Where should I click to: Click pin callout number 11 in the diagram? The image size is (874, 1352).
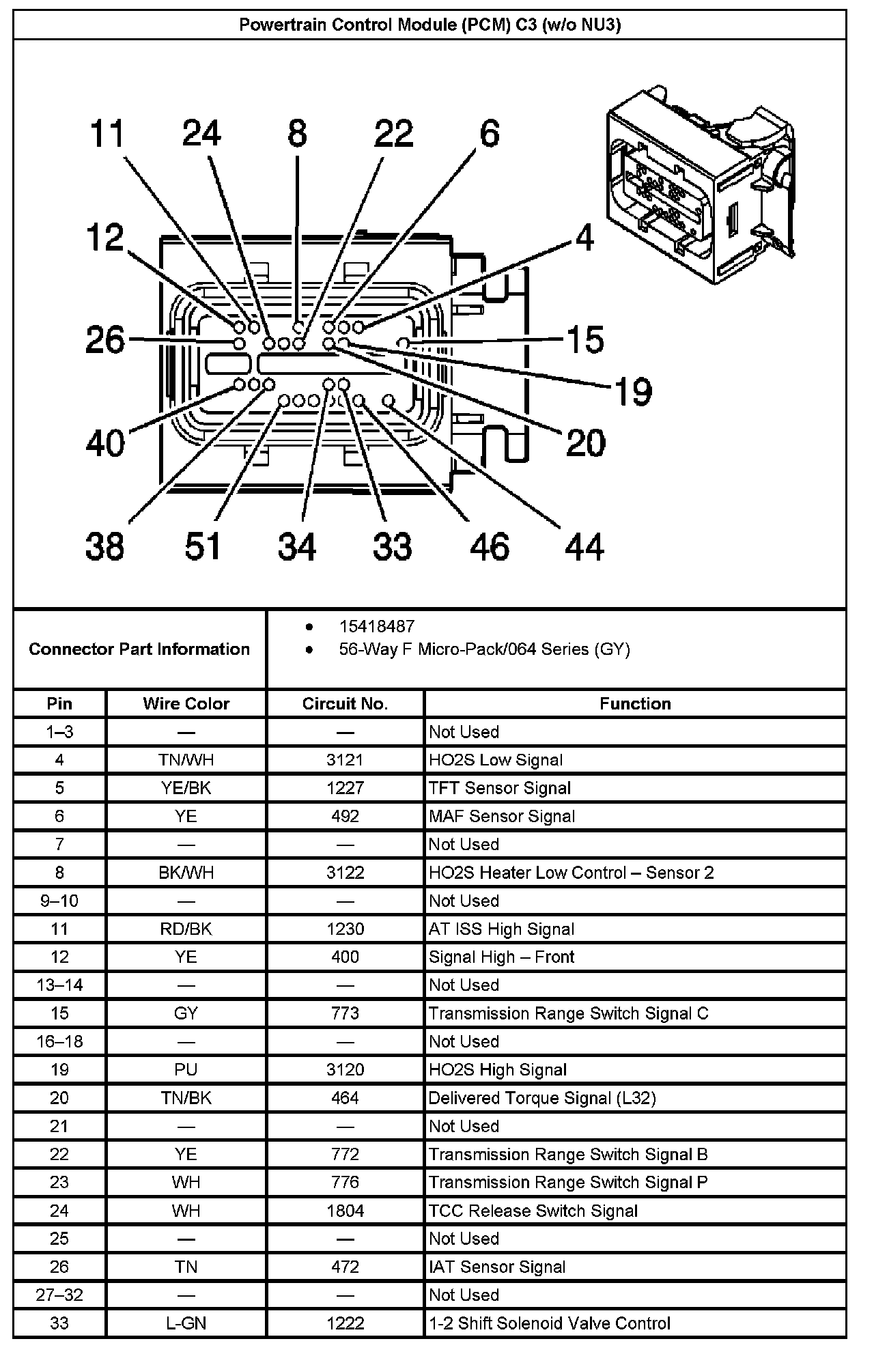point(107,134)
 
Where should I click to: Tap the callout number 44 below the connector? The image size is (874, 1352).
point(584,547)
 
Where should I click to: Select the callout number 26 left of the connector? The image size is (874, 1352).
point(105,339)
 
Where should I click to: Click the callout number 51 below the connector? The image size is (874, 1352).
point(203,547)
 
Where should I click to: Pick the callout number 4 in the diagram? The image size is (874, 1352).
point(584,238)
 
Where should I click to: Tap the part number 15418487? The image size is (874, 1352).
point(376,626)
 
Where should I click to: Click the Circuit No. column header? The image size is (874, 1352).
point(345,704)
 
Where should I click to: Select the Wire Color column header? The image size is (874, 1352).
point(186,704)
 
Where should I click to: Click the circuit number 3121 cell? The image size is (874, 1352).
point(345,760)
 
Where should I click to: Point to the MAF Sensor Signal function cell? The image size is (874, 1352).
point(502,816)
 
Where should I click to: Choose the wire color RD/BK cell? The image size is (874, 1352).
point(186,929)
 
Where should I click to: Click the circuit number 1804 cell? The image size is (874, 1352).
point(345,1211)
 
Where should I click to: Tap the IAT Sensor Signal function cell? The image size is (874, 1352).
point(497,1267)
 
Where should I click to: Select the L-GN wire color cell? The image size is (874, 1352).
point(186,1323)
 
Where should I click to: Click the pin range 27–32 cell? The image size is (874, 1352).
point(59,1295)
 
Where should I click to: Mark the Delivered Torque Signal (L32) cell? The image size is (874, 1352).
point(542,1098)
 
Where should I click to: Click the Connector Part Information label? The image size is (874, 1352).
point(139,649)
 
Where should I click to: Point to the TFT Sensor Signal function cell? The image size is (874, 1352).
point(499,788)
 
